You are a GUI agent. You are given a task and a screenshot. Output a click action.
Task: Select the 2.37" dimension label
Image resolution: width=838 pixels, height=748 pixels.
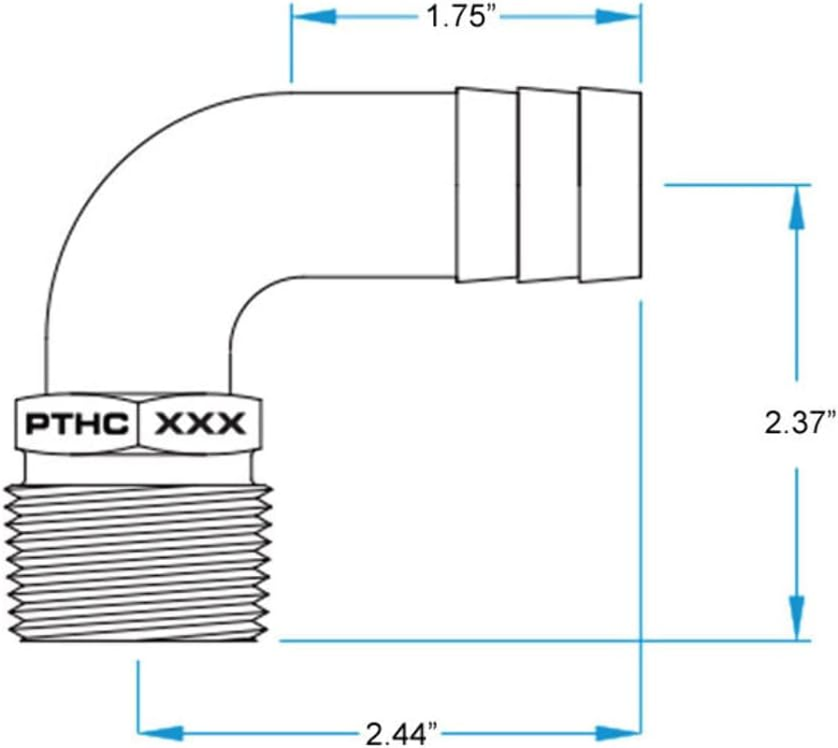point(800,424)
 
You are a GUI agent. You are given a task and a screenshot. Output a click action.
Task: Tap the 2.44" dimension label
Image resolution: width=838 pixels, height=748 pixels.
point(402,733)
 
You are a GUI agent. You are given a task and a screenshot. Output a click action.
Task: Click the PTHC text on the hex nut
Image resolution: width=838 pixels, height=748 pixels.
point(77,424)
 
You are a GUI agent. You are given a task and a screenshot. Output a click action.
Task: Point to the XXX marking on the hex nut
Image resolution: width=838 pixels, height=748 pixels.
point(200,424)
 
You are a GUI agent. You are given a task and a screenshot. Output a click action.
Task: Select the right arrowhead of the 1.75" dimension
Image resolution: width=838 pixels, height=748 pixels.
point(618,17)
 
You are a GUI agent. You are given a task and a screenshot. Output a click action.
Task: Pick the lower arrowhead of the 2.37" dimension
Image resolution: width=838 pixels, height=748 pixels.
point(797,618)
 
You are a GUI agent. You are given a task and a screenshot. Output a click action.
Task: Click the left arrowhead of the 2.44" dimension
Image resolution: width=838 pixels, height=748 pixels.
point(161,732)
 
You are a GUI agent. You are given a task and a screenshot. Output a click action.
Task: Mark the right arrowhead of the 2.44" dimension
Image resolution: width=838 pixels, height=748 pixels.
point(618,732)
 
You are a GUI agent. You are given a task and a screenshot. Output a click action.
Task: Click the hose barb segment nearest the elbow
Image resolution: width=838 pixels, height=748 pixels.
point(485,185)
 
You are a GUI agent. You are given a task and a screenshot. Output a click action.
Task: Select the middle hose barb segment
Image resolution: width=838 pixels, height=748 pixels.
point(548,185)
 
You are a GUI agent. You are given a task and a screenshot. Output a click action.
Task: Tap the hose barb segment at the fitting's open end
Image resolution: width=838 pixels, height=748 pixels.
point(611,185)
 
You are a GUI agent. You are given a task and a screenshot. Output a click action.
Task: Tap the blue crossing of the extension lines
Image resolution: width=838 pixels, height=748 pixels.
point(641,640)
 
